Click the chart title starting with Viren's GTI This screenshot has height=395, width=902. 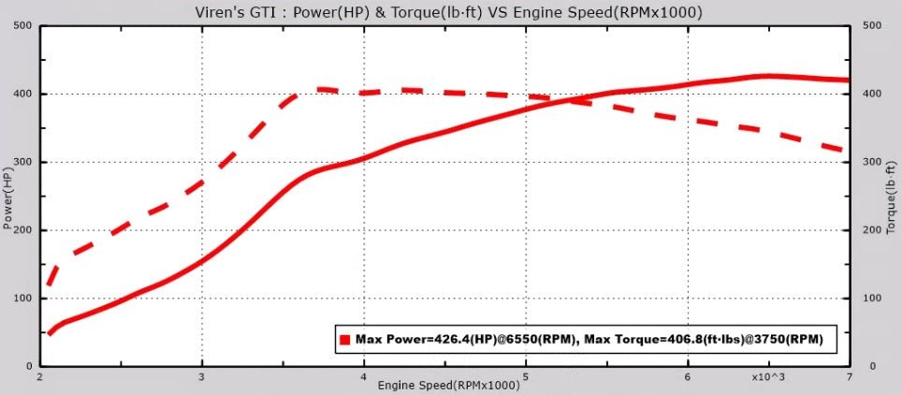(450, 12)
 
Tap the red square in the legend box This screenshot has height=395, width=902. (344, 340)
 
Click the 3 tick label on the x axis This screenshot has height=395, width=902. (201, 376)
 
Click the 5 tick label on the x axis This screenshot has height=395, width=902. (526, 376)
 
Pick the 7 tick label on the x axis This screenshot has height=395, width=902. (849, 376)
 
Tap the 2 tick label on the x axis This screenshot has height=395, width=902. (39, 376)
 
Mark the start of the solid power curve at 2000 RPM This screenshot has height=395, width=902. (49, 333)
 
